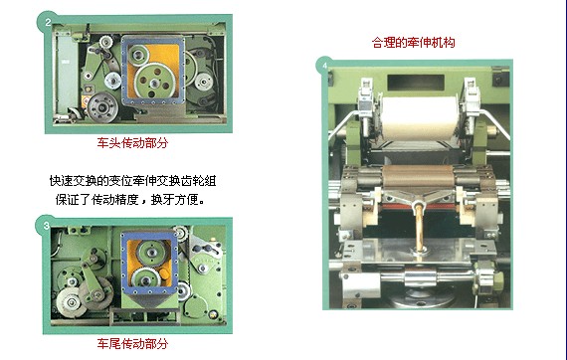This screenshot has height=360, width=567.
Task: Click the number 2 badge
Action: pos(48,23)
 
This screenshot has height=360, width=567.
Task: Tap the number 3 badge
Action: pos(46,226)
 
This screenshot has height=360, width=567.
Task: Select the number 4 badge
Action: pos(325,66)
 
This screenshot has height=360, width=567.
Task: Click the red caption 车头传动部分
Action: pos(132,143)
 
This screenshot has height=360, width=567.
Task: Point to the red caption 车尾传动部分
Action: pos(132,343)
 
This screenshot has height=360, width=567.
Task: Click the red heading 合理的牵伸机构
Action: pos(414,43)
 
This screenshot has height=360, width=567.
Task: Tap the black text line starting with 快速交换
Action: pos(132,180)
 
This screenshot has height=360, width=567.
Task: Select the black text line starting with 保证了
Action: pos(130,199)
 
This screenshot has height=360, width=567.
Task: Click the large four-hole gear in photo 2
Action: pos(154,82)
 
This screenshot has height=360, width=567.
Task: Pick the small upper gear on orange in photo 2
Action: pos(138,56)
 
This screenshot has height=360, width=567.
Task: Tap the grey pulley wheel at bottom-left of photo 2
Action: pos(102,107)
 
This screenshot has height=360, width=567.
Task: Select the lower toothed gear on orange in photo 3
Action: pos(146,280)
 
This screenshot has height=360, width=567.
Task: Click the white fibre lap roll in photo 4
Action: pos(419,118)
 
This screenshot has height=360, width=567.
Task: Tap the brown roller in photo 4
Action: pos(418,177)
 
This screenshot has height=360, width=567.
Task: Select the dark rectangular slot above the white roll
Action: pos(416,83)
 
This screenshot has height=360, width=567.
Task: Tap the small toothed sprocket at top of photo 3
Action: pos(180,233)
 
